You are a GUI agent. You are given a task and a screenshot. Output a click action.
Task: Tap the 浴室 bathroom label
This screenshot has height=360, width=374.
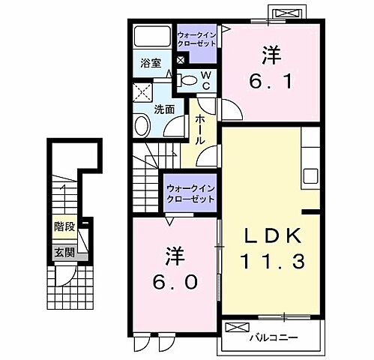149,64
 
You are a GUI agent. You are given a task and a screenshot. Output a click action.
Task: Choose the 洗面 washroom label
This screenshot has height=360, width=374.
164,109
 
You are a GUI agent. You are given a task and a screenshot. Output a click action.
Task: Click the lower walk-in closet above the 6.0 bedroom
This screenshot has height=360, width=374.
190,193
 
